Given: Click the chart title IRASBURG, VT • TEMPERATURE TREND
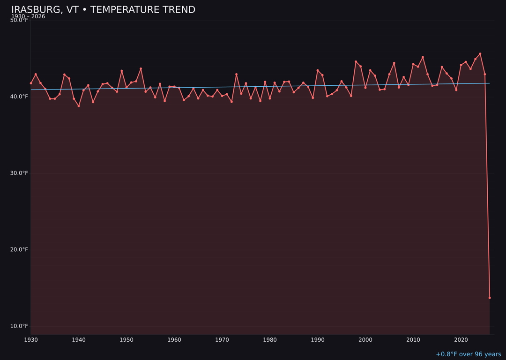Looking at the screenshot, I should [103, 10].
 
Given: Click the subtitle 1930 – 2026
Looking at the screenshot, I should [28, 16].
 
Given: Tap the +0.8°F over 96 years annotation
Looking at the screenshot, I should [468, 354].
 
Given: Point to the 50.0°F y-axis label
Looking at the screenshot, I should [19, 20].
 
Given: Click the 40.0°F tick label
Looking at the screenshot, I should [19, 97].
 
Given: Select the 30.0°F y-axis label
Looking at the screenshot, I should [19, 173].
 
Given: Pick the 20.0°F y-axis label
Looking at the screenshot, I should [19, 249].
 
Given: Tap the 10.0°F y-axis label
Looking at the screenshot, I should [19, 326].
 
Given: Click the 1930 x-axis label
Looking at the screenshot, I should [31, 339].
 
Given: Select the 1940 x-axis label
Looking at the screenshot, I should [79, 339].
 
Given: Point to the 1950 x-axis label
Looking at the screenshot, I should [126, 339].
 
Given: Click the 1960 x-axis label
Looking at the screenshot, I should [174, 339].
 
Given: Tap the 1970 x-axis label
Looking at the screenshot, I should [222, 339].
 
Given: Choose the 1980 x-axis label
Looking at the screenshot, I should [270, 339].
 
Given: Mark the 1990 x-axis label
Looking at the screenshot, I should [318, 339].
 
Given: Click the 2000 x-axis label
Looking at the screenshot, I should [365, 339].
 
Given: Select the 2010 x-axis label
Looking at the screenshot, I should [413, 339].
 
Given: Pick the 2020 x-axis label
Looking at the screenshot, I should [461, 339].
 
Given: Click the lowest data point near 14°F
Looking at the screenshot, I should [490, 298].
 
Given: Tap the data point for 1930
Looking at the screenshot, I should [31, 83].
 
